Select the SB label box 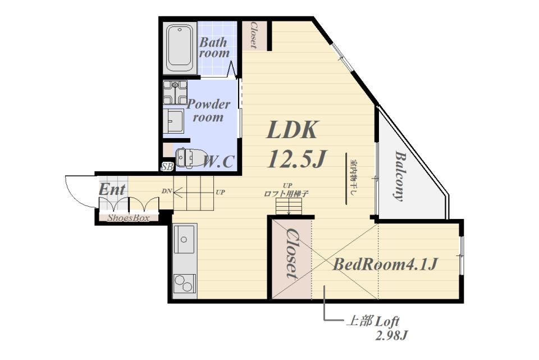(x=167, y=167)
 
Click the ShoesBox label (x=129, y=218)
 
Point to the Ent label (x=112, y=189)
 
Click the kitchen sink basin (x=184, y=239)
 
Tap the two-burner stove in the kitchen (x=185, y=284)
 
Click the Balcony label (x=399, y=176)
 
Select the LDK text (x=291, y=130)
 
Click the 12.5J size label (x=297, y=159)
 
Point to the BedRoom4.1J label (x=385, y=265)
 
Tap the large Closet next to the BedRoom (x=291, y=253)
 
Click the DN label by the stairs (x=167, y=191)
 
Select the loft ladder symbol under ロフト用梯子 (x=289, y=208)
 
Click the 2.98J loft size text (x=391, y=336)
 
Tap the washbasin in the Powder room (x=173, y=121)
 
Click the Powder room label (x=208, y=111)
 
